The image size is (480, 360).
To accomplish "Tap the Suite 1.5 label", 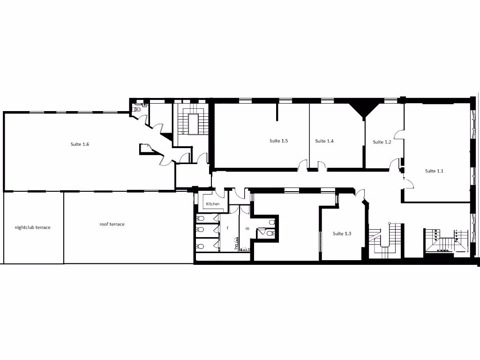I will click(x=278, y=141).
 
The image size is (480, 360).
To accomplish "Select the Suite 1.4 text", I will click(x=324, y=141).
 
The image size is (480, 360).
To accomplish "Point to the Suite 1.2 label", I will click(x=382, y=142).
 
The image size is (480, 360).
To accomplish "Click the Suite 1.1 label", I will click(x=434, y=171).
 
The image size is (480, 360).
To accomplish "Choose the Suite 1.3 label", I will click(x=342, y=233).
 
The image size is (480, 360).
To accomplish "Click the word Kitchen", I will click(x=212, y=204).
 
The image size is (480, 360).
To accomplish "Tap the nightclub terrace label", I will click(x=32, y=227).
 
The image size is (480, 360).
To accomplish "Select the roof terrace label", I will click(x=112, y=224).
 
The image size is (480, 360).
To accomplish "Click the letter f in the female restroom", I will click(x=228, y=228).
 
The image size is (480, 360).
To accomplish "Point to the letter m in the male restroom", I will click(x=247, y=228).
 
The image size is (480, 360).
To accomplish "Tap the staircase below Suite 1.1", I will click(x=445, y=240).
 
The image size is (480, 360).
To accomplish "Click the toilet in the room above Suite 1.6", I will click(x=137, y=109).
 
